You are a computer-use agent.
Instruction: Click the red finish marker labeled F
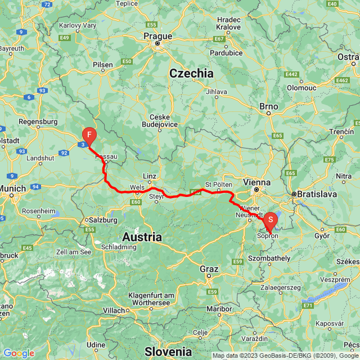(x=89, y=135)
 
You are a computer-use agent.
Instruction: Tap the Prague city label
(x=157, y=36)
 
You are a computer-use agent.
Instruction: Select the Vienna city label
(x=258, y=183)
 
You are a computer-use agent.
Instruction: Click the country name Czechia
(x=192, y=73)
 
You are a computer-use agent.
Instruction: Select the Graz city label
(x=209, y=269)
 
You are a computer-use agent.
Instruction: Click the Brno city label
(x=269, y=106)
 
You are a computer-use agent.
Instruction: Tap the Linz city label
(x=150, y=176)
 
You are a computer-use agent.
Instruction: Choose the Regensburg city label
(x=38, y=121)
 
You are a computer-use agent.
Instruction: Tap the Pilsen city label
(x=103, y=65)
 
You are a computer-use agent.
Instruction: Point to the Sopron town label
(x=268, y=236)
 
